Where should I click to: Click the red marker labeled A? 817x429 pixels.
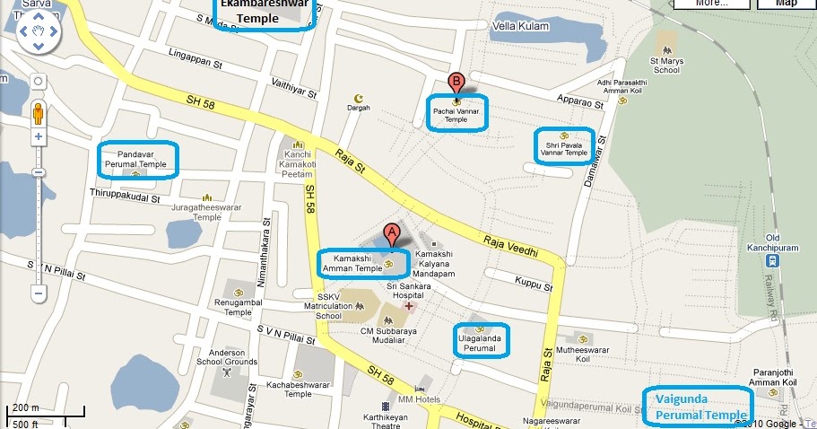[x=390, y=234]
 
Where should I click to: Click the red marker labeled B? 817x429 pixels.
[x=456, y=83]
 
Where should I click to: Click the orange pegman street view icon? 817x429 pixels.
[x=38, y=114]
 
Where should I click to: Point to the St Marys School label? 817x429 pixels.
[x=665, y=64]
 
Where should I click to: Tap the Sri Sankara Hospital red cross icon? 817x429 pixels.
[x=409, y=306]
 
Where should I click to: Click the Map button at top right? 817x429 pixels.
[x=785, y=3]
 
